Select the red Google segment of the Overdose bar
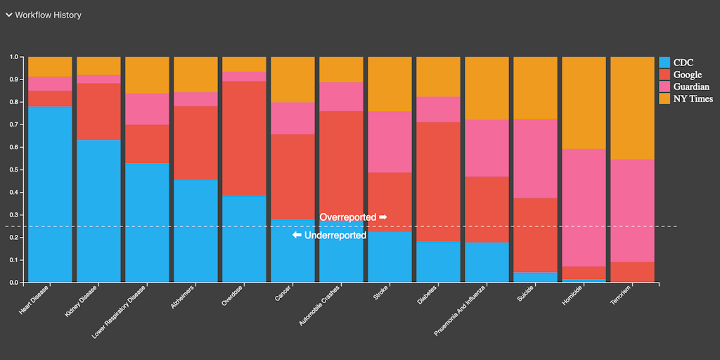244,139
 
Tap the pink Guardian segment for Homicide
584,207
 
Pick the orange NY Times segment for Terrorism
632,108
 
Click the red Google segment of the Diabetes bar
438,181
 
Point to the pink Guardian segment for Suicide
535,158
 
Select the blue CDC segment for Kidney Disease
98,211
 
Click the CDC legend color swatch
664,62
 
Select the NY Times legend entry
693,99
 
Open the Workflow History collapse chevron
9,15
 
